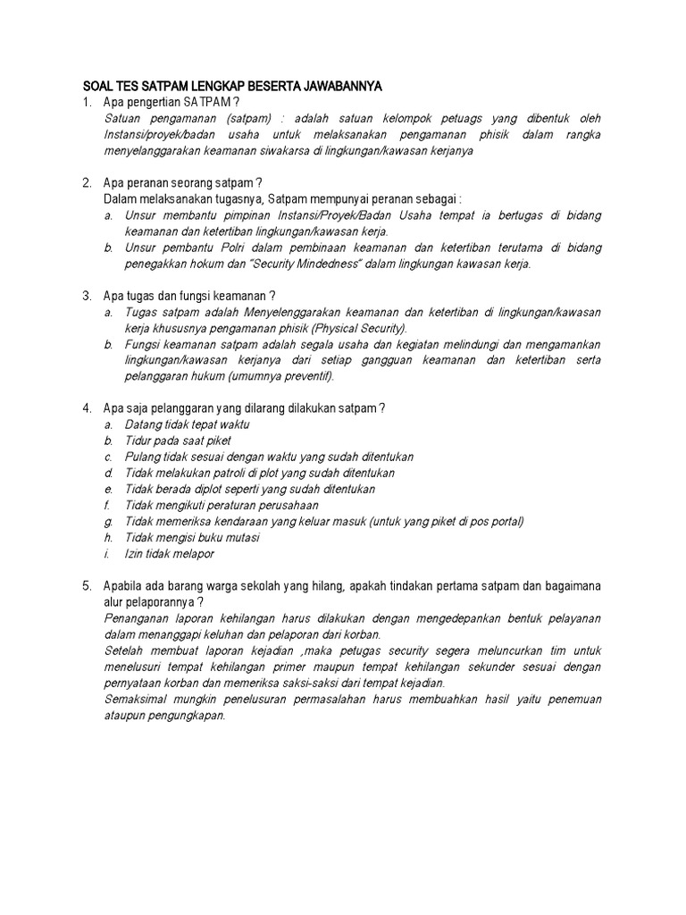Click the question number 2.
point(87,183)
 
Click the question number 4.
point(87,408)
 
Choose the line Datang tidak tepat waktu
point(188,424)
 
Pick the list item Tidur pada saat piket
point(178,441)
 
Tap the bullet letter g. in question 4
point(108,521)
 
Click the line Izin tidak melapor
point(170,553)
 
